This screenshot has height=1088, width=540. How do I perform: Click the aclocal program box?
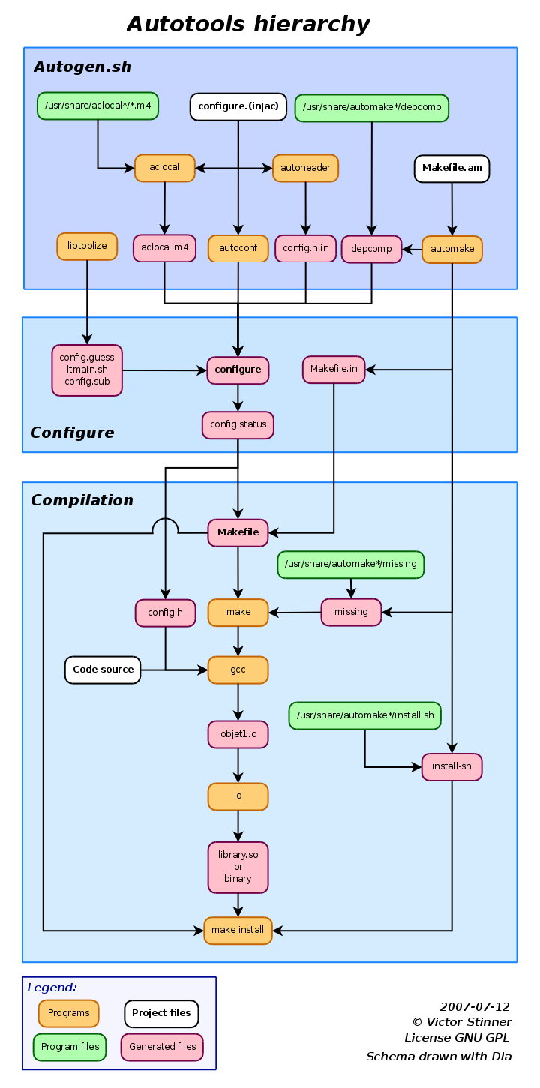[x=164, y=168]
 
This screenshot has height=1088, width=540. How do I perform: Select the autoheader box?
[x=305, y=168]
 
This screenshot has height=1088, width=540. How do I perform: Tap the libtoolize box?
[x=87, y=246]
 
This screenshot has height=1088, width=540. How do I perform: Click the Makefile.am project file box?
[x=451, y=168]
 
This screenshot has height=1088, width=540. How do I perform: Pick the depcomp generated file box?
[x=371, y=249]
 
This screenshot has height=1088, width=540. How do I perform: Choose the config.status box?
[x=238, y=425]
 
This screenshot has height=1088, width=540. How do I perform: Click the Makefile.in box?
[x=334, y=370]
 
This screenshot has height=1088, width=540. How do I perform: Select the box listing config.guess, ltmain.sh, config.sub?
[x=87, y=370]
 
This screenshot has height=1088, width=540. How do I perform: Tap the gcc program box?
[x=238, y=670]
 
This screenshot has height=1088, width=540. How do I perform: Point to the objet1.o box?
[x=238, y=735]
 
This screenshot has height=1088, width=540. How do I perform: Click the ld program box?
[x=238, y=796]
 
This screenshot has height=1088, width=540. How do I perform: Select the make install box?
[x=238, y=930]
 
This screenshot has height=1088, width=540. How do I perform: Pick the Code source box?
[x=103, y=670]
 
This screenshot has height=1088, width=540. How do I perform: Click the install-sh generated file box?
[x=451, y=767]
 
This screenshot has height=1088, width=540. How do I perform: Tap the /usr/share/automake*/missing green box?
[x=351, y=565]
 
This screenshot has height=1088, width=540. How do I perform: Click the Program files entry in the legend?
[x=70, y=1047]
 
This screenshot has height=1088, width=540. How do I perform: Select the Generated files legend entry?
[x=162, y=1047]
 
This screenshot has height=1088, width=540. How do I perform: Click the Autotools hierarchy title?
[x=248, y=24]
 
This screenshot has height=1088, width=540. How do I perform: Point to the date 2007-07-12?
[x=475, y=1007]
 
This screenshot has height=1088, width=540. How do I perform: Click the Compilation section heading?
[x=82, y=500]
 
